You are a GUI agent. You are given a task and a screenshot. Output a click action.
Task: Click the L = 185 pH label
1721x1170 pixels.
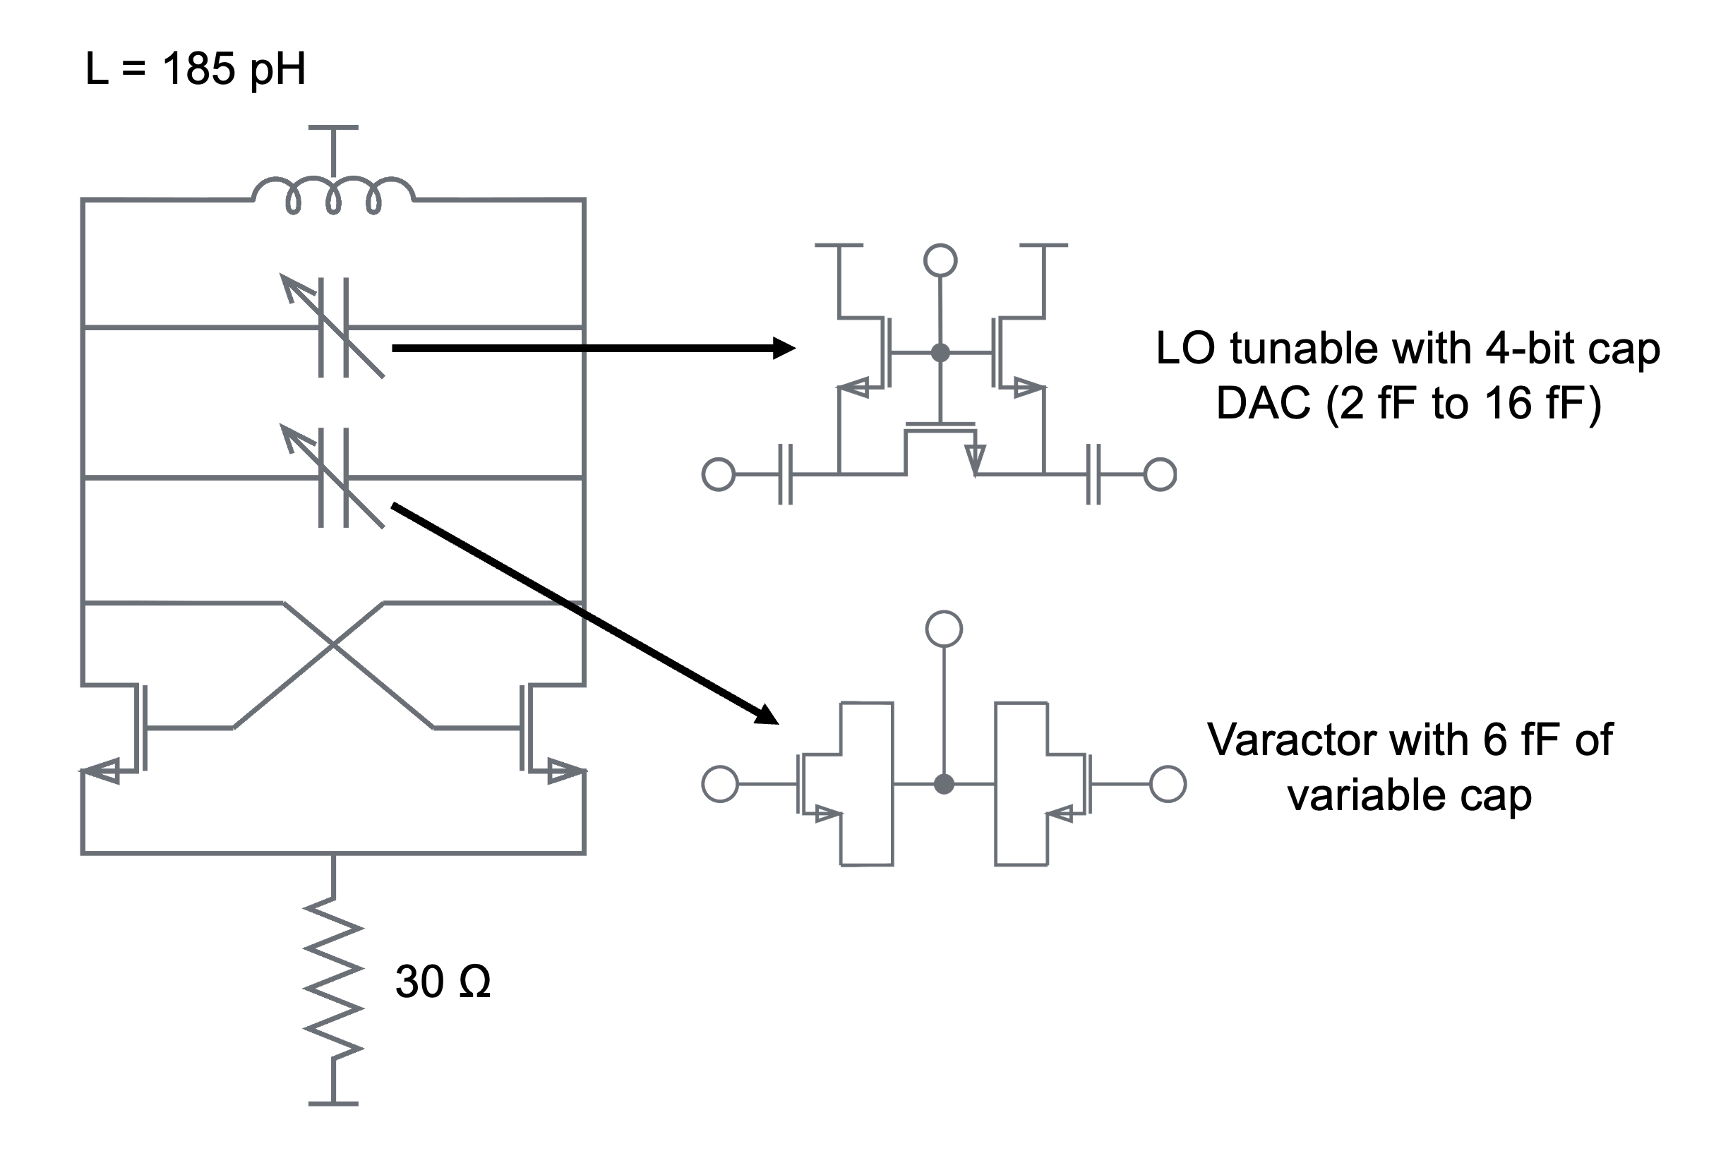click(196, 69)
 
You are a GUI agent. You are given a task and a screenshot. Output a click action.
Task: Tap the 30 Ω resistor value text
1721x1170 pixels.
click(442, 982)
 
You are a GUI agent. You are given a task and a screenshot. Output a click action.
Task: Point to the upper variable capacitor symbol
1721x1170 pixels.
click(334, 327)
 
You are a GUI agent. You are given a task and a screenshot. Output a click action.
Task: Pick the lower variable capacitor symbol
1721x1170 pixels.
click(334, 478)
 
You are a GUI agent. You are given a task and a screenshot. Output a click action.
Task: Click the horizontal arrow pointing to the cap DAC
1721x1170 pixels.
click(592, 348)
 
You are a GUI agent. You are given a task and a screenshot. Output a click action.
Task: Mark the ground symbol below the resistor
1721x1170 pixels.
click(333, 1104)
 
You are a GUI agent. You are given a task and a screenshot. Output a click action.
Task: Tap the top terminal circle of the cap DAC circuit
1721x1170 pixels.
click(940, 260)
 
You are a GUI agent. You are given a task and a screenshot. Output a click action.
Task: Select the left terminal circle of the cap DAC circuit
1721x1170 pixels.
click(719, 474)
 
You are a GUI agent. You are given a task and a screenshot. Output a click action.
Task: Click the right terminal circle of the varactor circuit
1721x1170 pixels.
click(1168, 783)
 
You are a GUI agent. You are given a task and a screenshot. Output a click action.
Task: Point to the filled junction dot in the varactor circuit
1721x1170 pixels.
click(943, 783)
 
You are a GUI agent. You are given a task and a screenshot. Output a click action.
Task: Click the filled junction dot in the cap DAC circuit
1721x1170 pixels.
click(940, 352)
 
